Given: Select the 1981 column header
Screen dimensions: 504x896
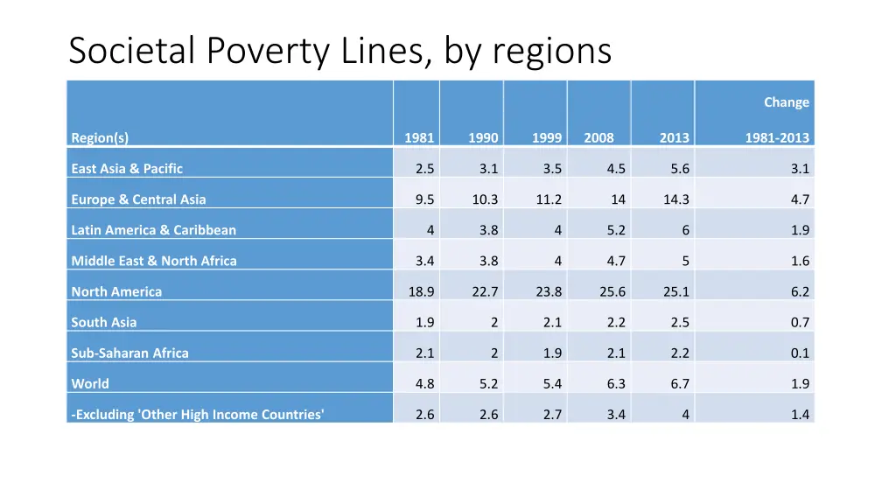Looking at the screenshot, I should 419,137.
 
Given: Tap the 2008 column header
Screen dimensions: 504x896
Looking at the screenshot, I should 598,137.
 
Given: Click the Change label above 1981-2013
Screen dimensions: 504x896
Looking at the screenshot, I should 786,102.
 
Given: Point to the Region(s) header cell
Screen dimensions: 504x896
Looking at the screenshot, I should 100,137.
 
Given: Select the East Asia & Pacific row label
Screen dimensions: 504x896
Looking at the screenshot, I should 127,169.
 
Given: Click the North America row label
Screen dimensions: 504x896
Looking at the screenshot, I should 116,291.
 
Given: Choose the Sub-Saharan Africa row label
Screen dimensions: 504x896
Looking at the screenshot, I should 129,353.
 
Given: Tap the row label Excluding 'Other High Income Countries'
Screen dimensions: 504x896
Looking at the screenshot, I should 198,414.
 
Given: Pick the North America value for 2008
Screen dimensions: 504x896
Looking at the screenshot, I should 612,291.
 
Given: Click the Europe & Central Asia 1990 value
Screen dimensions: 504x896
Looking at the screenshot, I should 485,199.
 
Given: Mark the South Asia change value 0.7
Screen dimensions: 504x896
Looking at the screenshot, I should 800,322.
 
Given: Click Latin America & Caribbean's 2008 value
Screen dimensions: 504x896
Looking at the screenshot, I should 616,230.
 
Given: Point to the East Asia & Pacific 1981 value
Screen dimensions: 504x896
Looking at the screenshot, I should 425,169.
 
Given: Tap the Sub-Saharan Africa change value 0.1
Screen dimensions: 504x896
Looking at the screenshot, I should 800,353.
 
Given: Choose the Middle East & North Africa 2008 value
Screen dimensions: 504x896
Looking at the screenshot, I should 616,261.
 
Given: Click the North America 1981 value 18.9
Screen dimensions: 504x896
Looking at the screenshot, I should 422,291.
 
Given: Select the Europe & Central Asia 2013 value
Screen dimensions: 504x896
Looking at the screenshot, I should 676,199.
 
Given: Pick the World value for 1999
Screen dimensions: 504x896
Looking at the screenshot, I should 552,383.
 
